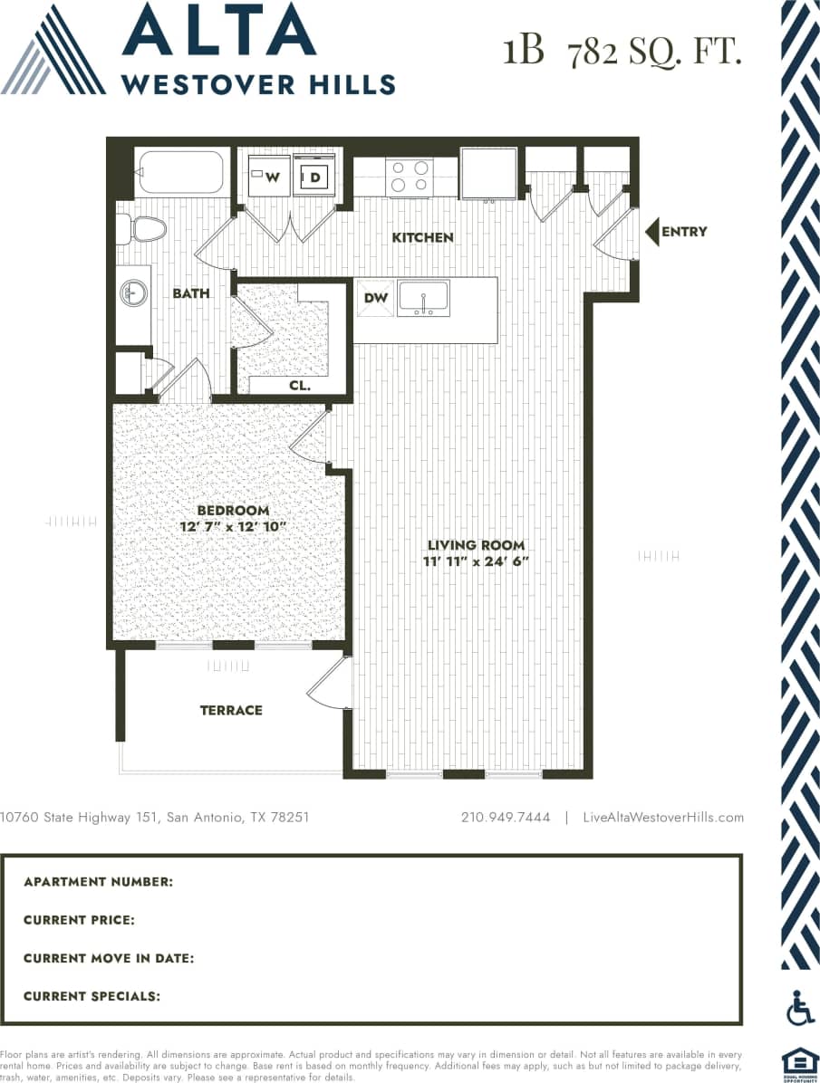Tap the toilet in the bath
point(142,229)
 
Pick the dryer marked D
point(314,177)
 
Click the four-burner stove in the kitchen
point(409,177)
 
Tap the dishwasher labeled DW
point(376,299)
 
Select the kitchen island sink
point(423,298)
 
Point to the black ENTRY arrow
point(651,232)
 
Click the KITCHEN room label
point(422,237)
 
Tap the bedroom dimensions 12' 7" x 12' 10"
point(233,526)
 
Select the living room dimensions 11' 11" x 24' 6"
point(476,561)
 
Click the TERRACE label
point(231,710)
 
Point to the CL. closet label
point(300,385)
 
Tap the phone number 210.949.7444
point(506,817)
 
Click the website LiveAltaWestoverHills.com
point(663,817)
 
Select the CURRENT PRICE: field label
point(80,920)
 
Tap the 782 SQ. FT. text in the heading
point(654,53)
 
